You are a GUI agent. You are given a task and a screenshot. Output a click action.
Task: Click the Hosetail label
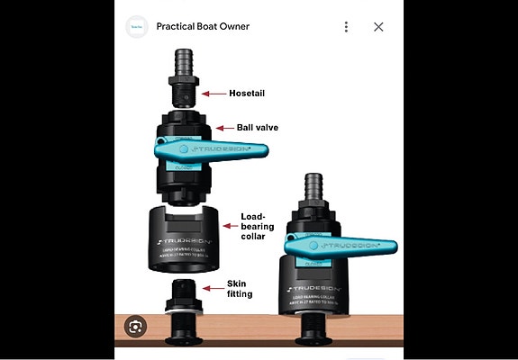tap(247, 93)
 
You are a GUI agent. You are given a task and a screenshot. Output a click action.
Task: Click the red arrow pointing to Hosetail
tap(215, 93)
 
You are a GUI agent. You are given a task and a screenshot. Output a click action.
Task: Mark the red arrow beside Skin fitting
tap(217, 288)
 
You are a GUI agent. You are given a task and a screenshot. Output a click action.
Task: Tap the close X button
tap(378, 27)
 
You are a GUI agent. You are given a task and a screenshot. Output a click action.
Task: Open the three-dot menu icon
tap(346, 27)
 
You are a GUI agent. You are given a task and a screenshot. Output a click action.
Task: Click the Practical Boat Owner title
tap(203, 27)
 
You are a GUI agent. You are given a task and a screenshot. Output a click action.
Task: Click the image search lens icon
tap(135, 325)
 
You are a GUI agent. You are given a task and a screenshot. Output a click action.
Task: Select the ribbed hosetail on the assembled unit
tap(314, 188)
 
